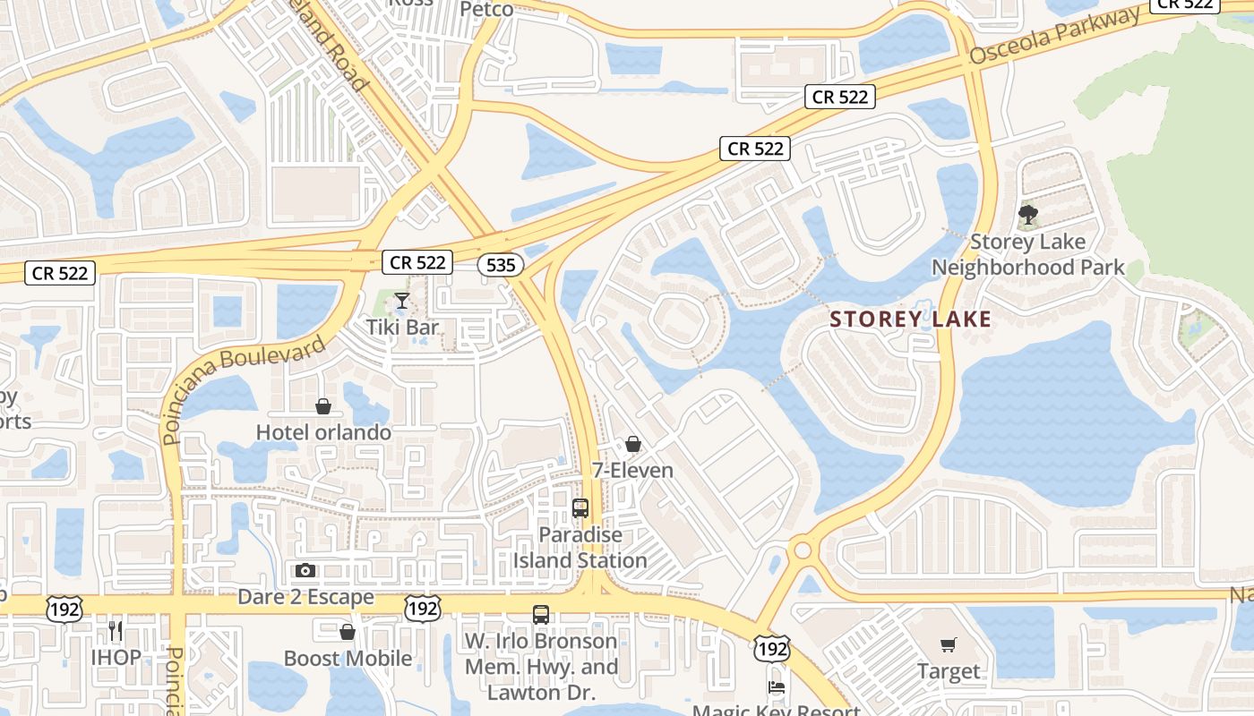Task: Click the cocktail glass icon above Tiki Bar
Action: [x=402, y=301]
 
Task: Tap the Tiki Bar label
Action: [x=402, y=327]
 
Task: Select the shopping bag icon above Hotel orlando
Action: [x=323, y=407]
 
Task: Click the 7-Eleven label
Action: [x=632, y=470]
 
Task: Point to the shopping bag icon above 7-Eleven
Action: [x=633, y=444]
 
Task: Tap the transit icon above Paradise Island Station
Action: [x=580, y=508]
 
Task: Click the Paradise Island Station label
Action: [x=580, y=548]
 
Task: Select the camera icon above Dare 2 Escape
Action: [x=305, y=570]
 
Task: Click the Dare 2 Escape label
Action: [x=305, y=596]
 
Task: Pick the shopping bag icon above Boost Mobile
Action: [x=348, y=633]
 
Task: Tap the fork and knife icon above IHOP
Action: [x=116, y=631]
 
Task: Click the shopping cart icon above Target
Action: [x=949, y=644]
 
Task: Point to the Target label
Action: [x=949, y=670]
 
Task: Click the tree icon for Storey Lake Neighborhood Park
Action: [x=1027, y=215]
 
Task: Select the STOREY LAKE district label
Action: [x=911, y=320]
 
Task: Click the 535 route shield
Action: [x=501, y=265]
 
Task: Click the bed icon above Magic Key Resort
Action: [x=777, y=687]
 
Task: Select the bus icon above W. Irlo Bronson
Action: [x=541, y=615]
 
